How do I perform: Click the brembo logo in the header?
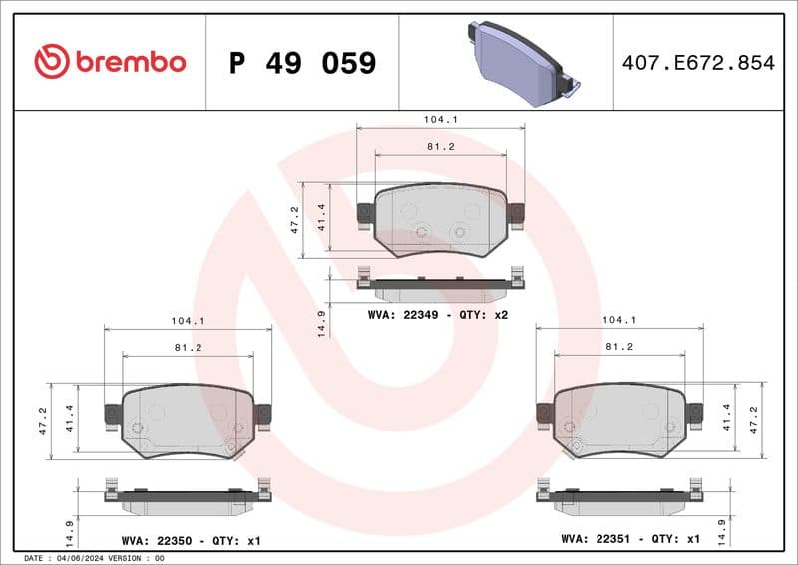110,62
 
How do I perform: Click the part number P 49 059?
302,63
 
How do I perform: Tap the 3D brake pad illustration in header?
522,64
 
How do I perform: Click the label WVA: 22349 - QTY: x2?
438,314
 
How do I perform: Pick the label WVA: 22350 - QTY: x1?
191,540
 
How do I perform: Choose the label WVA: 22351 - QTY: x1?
629,539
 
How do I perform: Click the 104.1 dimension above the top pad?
440,119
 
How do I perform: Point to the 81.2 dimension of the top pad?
440,146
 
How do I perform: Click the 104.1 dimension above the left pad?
188,321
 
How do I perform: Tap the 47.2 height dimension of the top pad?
295,219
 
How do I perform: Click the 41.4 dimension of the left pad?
70,418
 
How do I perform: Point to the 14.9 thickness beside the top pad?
321,323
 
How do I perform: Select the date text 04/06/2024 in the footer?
79,558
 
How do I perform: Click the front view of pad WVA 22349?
440,220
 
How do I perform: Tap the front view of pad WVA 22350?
188,420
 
